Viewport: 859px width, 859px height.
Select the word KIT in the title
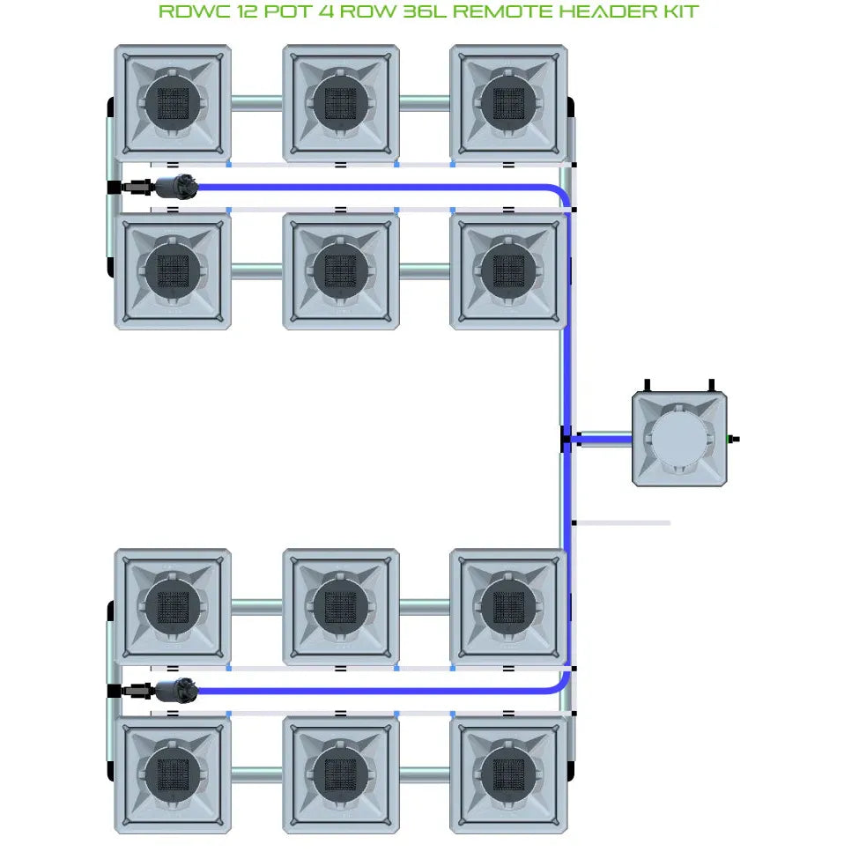coord(675,11)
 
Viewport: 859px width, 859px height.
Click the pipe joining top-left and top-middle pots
coord(257,103)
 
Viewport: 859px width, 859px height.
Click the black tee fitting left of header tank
coord(566,439)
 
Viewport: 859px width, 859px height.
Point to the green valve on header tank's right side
coord(731,438)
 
